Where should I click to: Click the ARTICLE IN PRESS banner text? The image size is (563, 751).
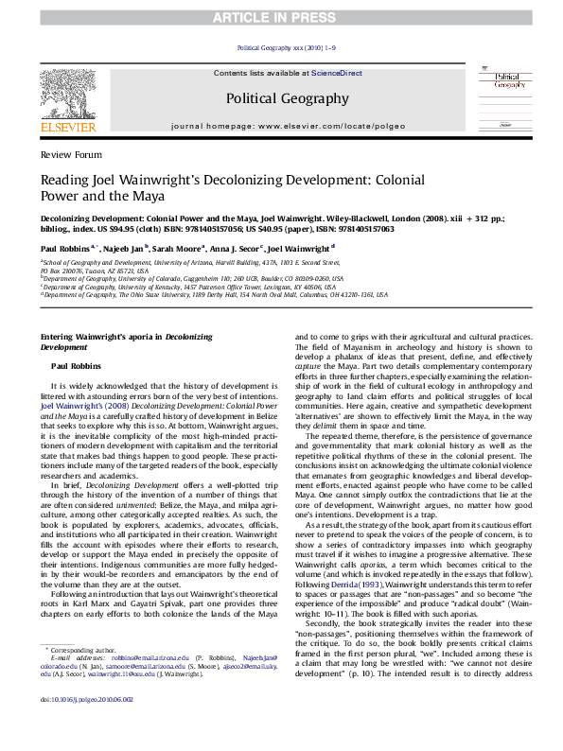[x=281, y=16]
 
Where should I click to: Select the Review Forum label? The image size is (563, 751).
[x=65, y=152]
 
